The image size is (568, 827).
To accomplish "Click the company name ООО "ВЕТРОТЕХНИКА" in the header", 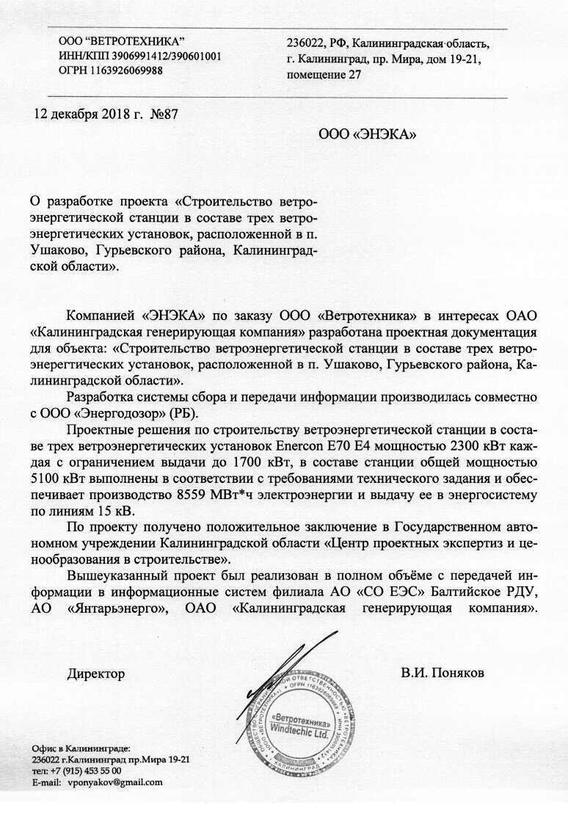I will coord(121,42).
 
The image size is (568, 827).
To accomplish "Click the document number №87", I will coord(164,114).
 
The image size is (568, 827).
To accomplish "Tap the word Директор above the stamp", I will coord(96,673).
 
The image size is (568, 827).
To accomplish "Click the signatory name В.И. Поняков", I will coord(443,673).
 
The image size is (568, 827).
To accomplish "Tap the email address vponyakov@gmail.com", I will coord(115,782).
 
